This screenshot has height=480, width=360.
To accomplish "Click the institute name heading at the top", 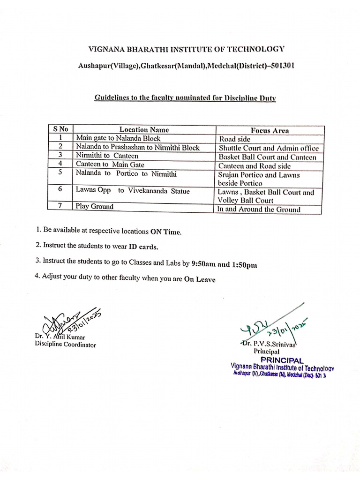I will (x=186, y=49).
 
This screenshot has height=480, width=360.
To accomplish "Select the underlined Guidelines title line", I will (x=186, y=97).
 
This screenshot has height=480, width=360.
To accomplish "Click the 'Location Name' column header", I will (x=144, y=129).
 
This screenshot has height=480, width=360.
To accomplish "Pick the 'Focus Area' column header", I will (x=270, y=130).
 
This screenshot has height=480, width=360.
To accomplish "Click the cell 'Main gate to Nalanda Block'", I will (x=118, y=138).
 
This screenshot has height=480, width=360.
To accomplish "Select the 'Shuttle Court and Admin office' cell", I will (x=269, y=148).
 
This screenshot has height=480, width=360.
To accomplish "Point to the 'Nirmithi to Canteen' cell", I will (x=107, y=156).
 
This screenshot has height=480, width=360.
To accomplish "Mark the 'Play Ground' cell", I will (x=95, y=206).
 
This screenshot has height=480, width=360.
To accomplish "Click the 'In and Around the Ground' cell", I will (x=259, y=210).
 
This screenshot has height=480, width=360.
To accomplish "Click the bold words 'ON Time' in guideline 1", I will (x=165, y=232).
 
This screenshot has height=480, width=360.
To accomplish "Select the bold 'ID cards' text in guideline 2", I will (x=144, y=246).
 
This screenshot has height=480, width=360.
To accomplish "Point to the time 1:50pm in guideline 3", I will (x=244, y=264).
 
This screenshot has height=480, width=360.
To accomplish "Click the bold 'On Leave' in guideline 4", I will (x=200, y=279).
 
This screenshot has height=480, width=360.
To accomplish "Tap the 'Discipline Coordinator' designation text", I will (x=65, y=345).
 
